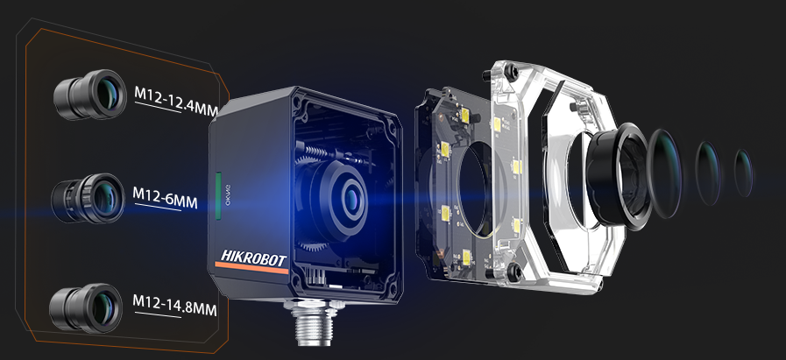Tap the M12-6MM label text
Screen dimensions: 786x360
165,198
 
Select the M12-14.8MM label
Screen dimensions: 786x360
174,305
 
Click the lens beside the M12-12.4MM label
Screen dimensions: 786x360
90,95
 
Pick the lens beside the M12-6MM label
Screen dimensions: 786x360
88,199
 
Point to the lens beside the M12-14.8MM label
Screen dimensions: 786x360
86,307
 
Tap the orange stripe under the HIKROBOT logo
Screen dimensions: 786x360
252,268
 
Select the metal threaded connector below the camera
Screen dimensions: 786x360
314,323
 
